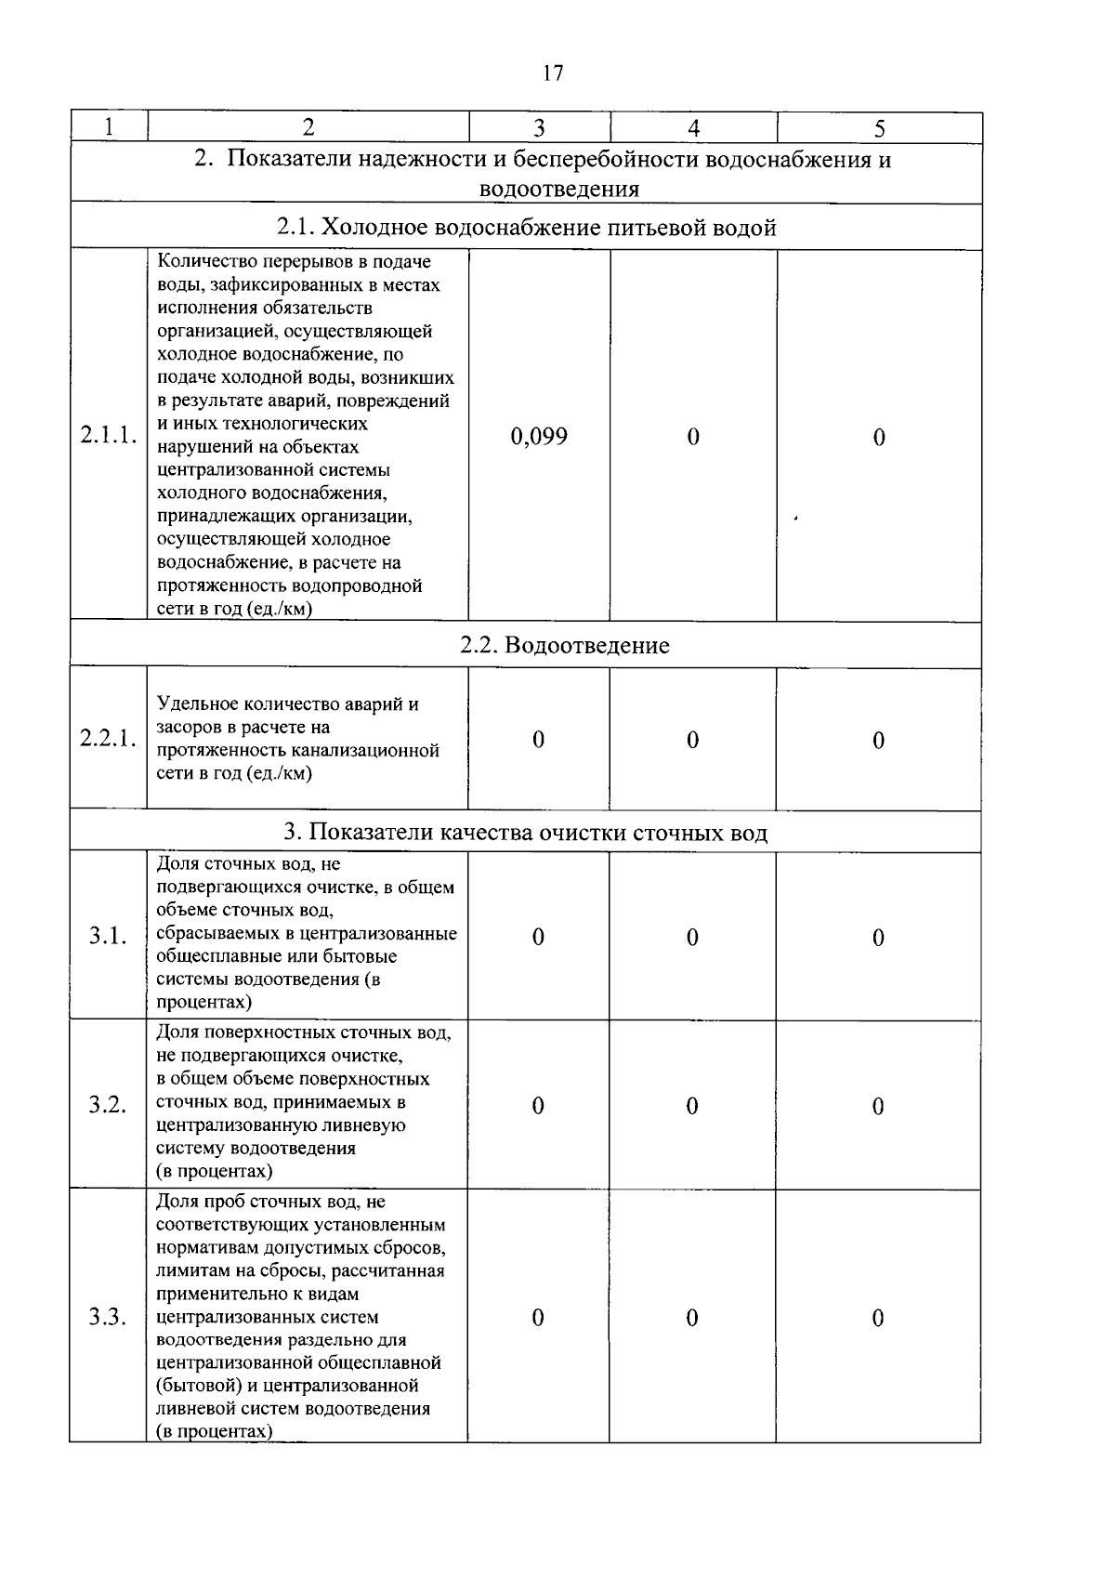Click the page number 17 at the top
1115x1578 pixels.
[552, 73]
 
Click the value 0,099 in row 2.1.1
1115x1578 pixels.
[539, 437]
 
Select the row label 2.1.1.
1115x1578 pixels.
[109, 436]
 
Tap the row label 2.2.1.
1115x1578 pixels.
[109, 740]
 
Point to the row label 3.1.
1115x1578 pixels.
[108, 937]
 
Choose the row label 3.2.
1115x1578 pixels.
[108, 1105]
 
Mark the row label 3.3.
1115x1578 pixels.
[108, 1318]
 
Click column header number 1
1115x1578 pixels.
[109, 127]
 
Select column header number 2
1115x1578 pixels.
[308, 127]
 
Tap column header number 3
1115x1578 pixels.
[539, 128]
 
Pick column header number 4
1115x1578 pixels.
[693, 128]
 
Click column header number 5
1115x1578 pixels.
[879, 128]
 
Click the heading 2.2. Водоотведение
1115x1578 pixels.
[565, 646]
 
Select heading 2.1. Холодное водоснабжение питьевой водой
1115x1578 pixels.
[526, 228]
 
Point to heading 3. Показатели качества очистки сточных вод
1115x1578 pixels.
[526, 833]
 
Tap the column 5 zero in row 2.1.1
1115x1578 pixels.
[879, 437]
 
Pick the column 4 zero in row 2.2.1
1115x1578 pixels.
[692, 740]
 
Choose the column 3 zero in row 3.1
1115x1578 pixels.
[538, 937]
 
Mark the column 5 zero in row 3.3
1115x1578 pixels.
[878, 1318]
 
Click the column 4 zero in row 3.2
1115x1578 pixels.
[692, 1106]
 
